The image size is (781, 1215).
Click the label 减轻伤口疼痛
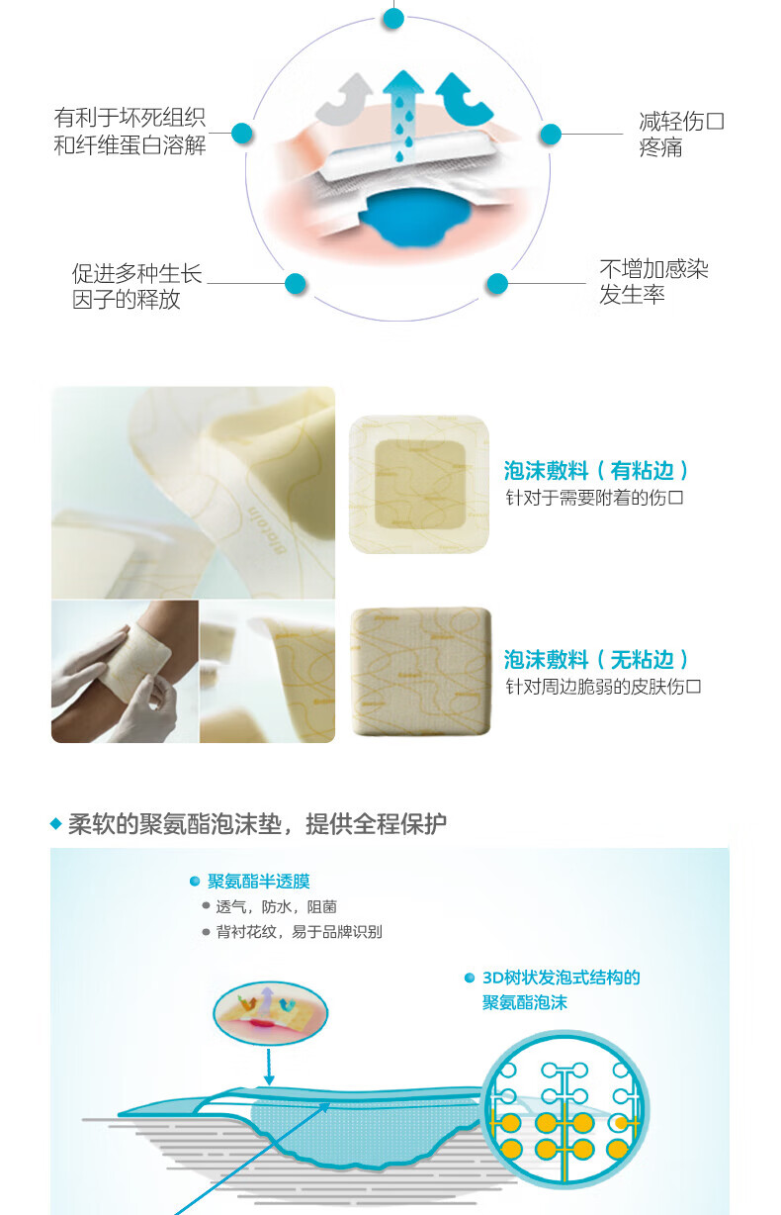point(681,134)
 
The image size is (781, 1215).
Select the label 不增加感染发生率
point(653,282)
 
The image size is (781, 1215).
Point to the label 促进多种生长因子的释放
point(136,286)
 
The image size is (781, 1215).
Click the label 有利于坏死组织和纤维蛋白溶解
point(130,132)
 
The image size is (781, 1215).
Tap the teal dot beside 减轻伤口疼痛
point(551,134)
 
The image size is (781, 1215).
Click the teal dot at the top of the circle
point(392,19)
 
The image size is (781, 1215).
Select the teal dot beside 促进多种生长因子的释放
point(295,283)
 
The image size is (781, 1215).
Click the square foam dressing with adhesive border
point(419,485)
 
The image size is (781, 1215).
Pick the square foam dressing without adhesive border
point(421,672)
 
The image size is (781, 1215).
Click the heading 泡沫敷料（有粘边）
point(596,470)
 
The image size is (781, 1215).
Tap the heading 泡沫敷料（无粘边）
point(596,660)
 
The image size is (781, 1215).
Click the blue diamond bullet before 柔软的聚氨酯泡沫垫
point(55,824)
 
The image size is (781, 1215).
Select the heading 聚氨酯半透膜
point(259,882)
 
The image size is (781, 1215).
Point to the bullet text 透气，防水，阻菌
point(277,907)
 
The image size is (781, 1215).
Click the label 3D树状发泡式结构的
point(561,978)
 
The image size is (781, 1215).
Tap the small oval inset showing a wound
point(270,1013)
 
